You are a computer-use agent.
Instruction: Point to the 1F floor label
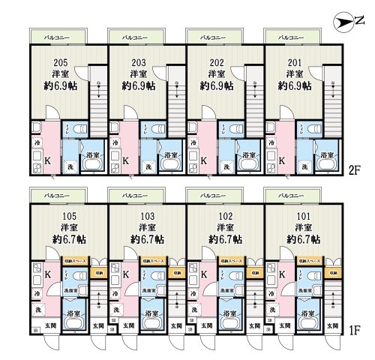(355, 329)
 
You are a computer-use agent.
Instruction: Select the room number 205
(61, 63)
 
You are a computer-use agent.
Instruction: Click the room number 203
(138, 63)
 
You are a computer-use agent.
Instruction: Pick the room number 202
(216, 63)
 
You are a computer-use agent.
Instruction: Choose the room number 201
(294, 63)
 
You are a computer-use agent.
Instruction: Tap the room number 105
(67, 217)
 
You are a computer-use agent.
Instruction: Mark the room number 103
(145, 217)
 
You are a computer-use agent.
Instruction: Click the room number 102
(223, 217)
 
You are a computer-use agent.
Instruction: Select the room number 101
(302, 217)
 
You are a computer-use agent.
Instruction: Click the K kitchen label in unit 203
(125, 160)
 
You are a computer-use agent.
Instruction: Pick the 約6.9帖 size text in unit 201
(294, 85)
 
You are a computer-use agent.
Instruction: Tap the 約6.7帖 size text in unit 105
(67, 239)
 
